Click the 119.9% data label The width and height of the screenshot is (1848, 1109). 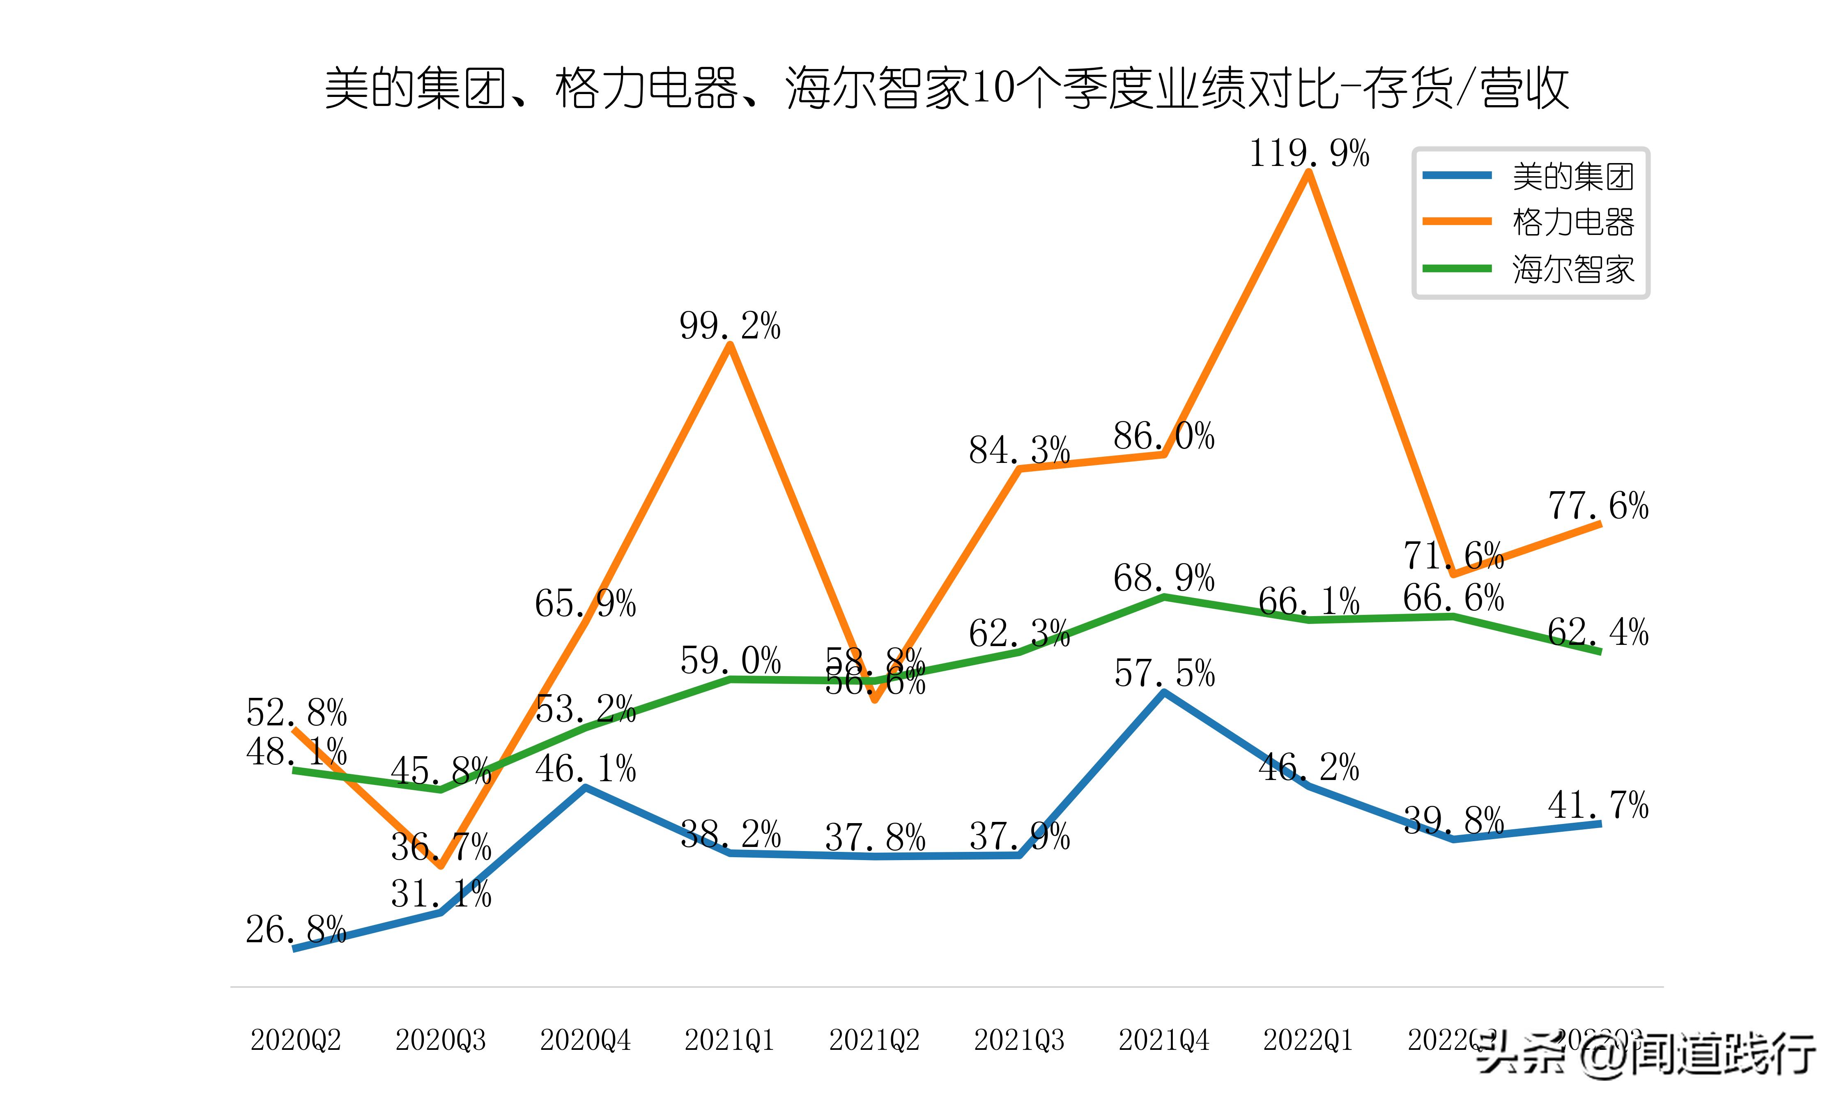(x=1309, y=154)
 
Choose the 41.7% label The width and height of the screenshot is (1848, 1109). (x=1598, y=805)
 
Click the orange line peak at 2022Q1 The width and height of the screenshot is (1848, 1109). (x=1309, y=173)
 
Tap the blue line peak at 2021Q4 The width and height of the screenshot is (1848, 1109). (x=1164, y=693)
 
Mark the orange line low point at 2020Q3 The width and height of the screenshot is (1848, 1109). (x=441, y=865)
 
